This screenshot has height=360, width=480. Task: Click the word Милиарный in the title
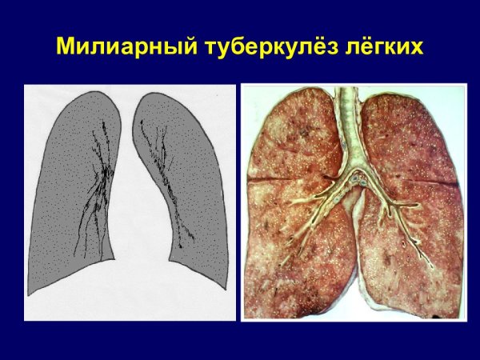coord(117,46)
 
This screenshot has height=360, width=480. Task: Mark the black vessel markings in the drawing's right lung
coord(168,176)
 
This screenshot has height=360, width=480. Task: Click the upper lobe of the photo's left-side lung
coord(292,136)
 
